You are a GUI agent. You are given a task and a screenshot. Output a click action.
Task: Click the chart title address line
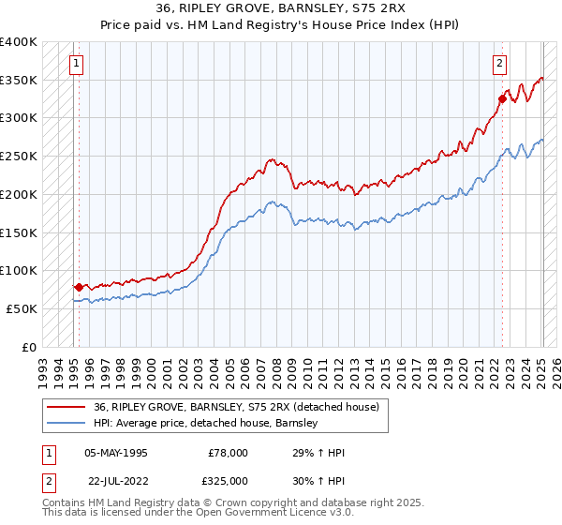coord(280,8)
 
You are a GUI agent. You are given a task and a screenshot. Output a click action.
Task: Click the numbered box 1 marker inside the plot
coord(75,64)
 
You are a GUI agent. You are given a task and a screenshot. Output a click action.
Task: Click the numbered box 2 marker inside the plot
coord(500,64)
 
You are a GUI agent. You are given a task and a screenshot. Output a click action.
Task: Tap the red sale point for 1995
coord(79,287)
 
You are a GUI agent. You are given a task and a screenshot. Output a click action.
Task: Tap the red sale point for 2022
coord(503,98)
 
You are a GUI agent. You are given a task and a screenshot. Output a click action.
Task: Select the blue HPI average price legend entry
coord(206,423)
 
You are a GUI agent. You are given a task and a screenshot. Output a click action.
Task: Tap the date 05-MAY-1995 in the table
coord(116,453)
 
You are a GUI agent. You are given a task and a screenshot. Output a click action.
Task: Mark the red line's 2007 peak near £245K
coord(271,159)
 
